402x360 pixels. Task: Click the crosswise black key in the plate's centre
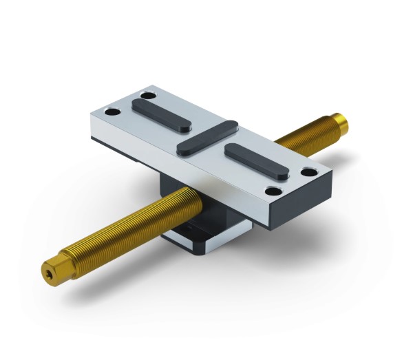pyautogui.click(x=207, y=136)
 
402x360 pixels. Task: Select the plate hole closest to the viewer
pyautogui.click(x=273, y=191)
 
